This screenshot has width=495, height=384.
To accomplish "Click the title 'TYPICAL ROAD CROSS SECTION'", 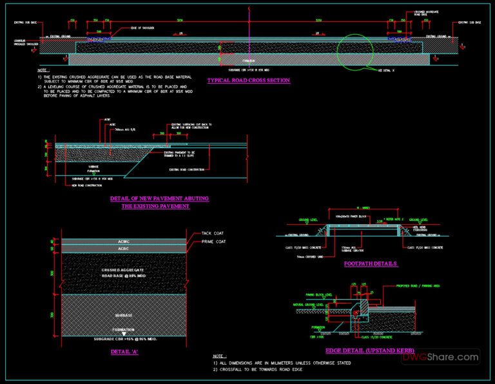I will [x=248, y=81].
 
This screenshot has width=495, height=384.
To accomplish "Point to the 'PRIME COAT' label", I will [x=213, y=242].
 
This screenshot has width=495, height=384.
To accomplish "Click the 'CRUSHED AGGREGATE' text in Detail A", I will [x=124, y=269].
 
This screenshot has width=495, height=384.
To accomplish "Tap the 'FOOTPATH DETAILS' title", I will [x=371, y=264].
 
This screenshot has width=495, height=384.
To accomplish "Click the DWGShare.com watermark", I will [x=451, y=357].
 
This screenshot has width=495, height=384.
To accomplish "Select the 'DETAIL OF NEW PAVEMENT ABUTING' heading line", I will [x=159, y=198].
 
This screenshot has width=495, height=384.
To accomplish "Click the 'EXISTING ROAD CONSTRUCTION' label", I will [x=187, y=169].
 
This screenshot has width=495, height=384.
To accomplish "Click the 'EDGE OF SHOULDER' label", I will [x=144, y=28].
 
